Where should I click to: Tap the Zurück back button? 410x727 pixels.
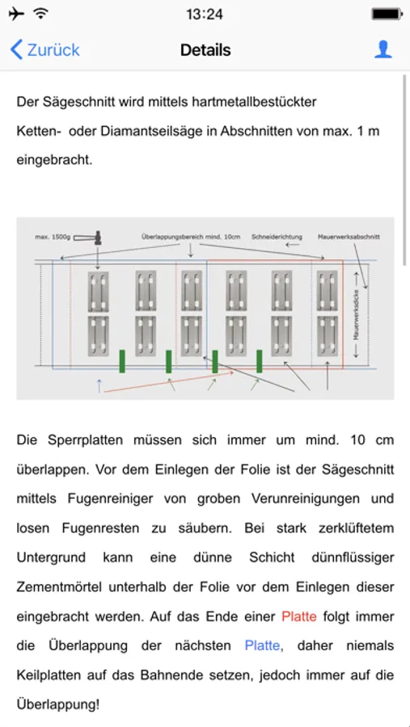44,49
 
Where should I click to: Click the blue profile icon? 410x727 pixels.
383,49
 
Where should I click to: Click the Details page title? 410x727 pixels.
205,49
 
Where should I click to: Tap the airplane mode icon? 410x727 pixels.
16,14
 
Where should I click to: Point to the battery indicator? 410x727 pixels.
387,14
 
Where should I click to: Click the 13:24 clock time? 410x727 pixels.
205,14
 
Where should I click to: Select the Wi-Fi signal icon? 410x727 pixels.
41,14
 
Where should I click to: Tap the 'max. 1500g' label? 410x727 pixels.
53,237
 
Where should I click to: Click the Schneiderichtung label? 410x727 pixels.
277,237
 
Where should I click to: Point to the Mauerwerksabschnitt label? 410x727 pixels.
349,237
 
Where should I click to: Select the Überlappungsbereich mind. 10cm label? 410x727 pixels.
190,237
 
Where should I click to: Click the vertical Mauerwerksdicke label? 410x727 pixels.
356,315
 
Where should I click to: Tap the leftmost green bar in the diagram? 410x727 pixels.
122,361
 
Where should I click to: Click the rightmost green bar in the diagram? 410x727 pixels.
259,361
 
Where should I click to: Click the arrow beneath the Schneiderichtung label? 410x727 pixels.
293,244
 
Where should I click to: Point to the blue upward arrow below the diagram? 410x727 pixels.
99,385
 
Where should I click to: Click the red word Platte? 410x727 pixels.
299,616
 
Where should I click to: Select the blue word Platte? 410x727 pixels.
262,645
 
